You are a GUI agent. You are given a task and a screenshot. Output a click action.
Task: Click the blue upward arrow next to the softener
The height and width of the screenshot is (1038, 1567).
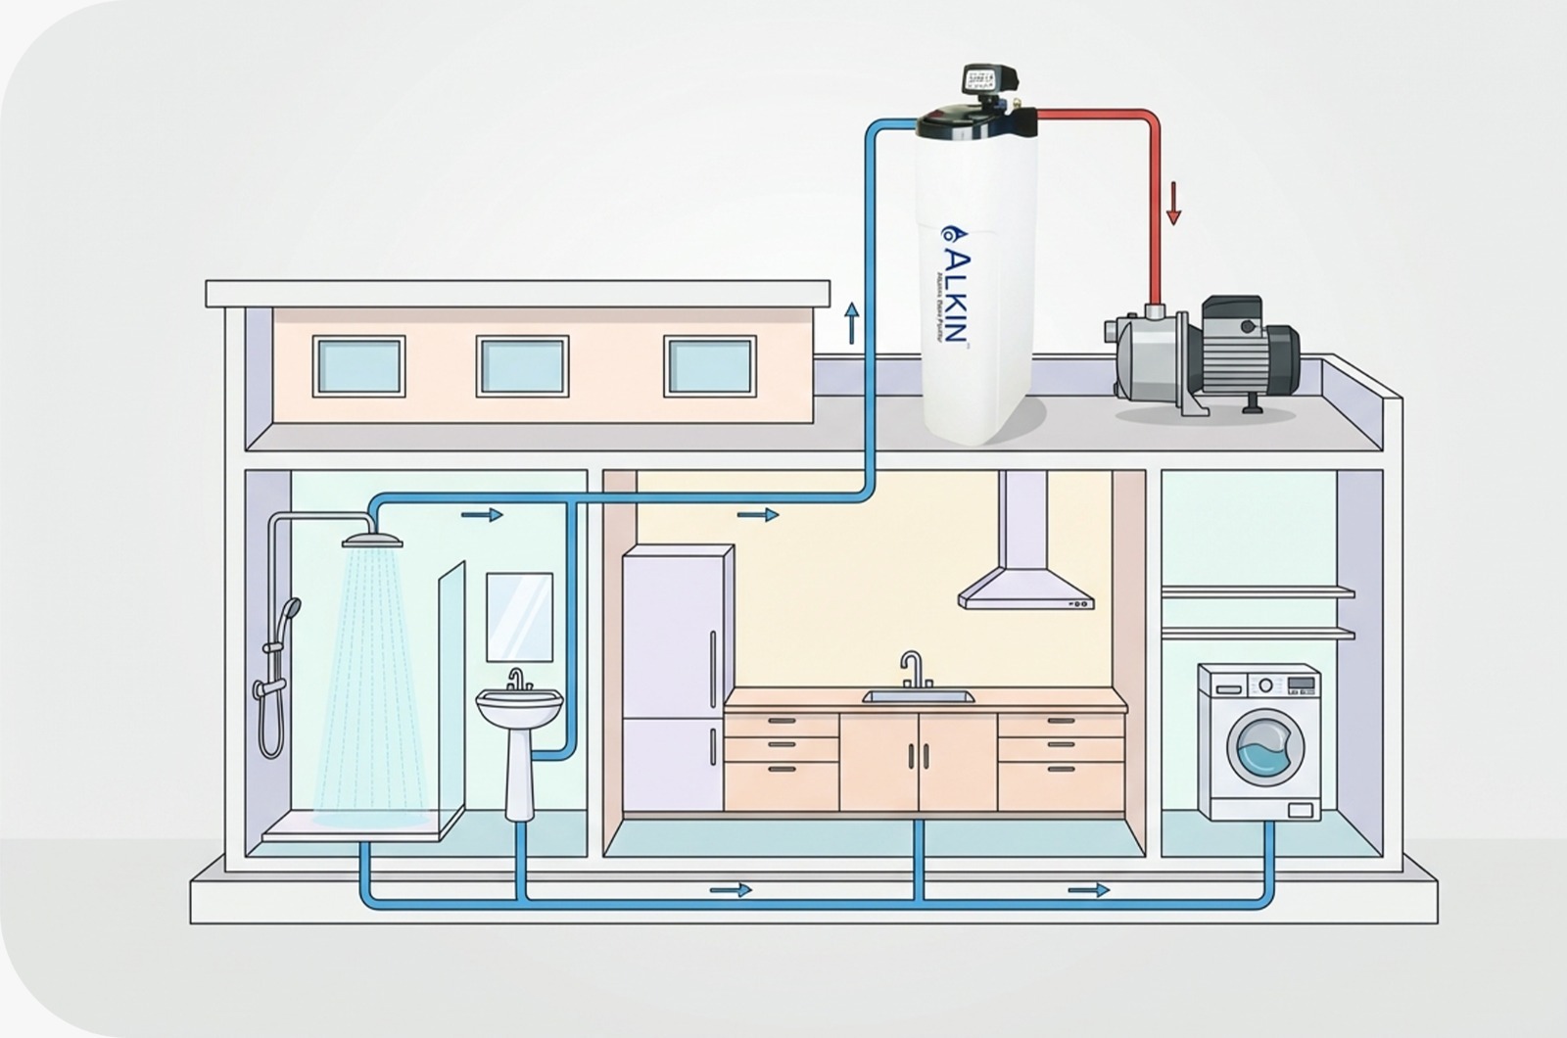tap(851, 322)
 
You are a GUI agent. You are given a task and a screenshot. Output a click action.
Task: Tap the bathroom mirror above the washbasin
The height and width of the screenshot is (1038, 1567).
tap(519, 617)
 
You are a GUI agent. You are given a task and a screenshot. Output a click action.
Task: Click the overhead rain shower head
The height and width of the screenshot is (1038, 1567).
tap(372, 540)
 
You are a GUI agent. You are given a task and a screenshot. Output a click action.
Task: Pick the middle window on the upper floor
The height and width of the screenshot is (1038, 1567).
tap(522, 366)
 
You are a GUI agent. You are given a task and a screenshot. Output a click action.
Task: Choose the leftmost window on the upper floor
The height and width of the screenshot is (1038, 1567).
tap(358, 366)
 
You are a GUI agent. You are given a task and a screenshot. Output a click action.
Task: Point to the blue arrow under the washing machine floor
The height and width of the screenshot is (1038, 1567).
tap(1088, 890)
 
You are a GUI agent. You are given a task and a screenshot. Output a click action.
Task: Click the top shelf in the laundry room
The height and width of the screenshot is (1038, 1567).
tap(1258, 592)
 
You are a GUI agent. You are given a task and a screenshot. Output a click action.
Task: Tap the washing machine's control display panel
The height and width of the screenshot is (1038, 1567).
tap(1301, 683)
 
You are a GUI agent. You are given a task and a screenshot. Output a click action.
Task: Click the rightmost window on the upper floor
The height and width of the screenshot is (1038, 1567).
tap(710, 366)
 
